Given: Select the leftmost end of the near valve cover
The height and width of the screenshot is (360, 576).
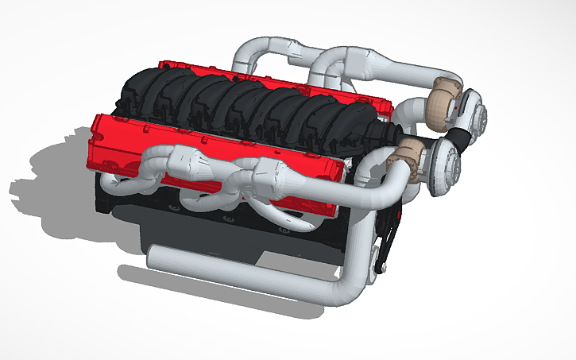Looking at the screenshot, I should (99, 131).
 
